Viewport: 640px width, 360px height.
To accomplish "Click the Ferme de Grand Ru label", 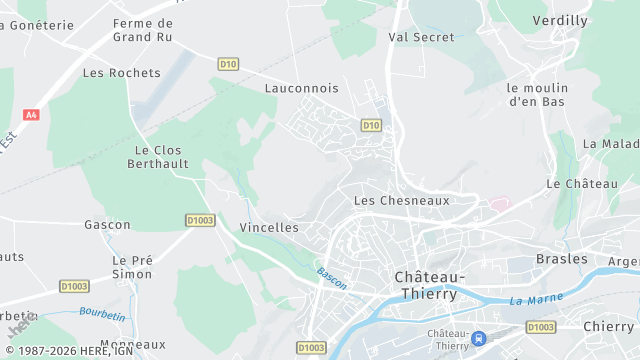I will tap(143, 30).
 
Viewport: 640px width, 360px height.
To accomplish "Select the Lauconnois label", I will tap(301, 88).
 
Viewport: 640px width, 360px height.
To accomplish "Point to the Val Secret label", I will tap(421, 37).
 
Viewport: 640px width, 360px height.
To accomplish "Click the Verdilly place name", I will tap(560, 20).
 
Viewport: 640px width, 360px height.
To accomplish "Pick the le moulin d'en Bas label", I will tap(537, 94).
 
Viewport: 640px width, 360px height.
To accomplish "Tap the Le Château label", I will tap(581, 184).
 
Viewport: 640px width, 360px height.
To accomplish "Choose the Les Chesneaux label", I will tap(402, 200).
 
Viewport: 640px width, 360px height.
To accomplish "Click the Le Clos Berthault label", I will tap(158, 157).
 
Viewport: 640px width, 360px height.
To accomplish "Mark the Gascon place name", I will tap(107, 225).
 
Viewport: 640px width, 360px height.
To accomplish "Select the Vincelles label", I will tap(269, 227).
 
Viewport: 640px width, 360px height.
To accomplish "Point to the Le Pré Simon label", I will tap(132, 267).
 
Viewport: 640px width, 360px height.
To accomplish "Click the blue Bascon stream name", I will tap(332, 278).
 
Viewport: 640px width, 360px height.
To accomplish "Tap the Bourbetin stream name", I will tap(103, 315).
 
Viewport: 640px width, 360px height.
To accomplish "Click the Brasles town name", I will tap(561, 258).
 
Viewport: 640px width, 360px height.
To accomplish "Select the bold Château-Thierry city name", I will tap(430, 285).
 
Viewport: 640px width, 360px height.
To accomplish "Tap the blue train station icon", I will tap(479, 339).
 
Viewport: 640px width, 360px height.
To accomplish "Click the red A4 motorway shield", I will tap(31, 115).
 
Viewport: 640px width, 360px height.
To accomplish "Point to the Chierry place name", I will tap(608, 326).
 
